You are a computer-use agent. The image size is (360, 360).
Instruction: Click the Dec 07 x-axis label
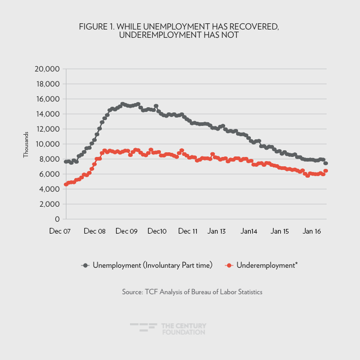(60, 232)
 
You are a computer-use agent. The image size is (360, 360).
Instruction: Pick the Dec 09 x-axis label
(126, 232)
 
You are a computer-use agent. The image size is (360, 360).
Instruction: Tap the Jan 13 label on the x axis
(217, 232)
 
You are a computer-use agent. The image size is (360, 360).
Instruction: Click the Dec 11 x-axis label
(188, 232)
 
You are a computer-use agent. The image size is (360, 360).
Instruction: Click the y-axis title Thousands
(25, 145)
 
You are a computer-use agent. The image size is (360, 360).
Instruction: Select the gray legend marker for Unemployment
(86, 266)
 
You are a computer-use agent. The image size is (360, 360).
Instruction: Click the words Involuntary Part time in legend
(177, 266)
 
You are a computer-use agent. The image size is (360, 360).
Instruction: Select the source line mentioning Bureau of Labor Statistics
(192, 292)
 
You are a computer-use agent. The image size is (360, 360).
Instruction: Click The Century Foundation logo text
(183, 328)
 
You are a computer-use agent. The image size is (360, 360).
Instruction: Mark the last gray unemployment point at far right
(326, 163)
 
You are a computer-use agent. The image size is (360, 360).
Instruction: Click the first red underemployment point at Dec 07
(66, 184)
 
